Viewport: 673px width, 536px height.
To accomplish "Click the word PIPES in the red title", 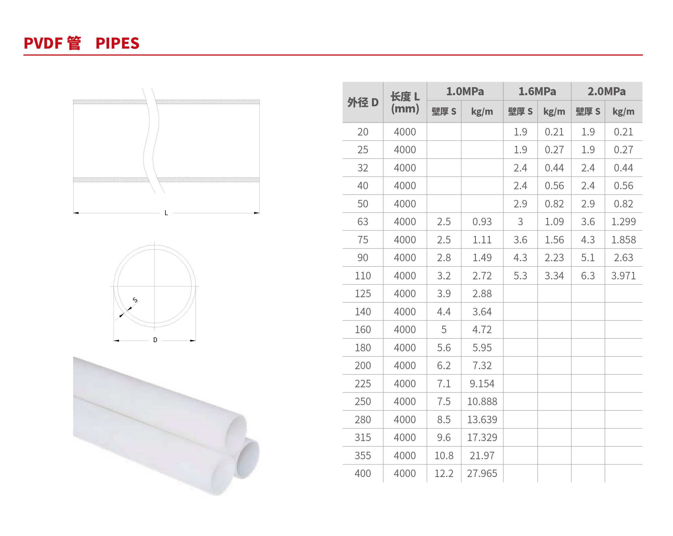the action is [x=118, y=43].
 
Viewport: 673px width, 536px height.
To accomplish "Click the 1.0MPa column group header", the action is [x=465, y=91].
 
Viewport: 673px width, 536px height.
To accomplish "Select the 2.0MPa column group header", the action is [x=607, y=91].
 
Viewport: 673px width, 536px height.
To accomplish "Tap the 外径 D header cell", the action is [x=363, y=102].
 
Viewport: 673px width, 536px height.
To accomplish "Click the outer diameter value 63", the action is [x=363, y=222].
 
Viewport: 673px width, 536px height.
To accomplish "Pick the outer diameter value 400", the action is [x=363, y=473].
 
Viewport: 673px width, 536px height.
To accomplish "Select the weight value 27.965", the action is [x=482, y=473].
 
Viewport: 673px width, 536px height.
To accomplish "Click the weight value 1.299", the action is [x=623, y=222].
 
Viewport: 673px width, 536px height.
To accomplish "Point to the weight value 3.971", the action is [x=623, y=276].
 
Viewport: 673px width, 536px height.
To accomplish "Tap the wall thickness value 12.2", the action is [x=444, y=473].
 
